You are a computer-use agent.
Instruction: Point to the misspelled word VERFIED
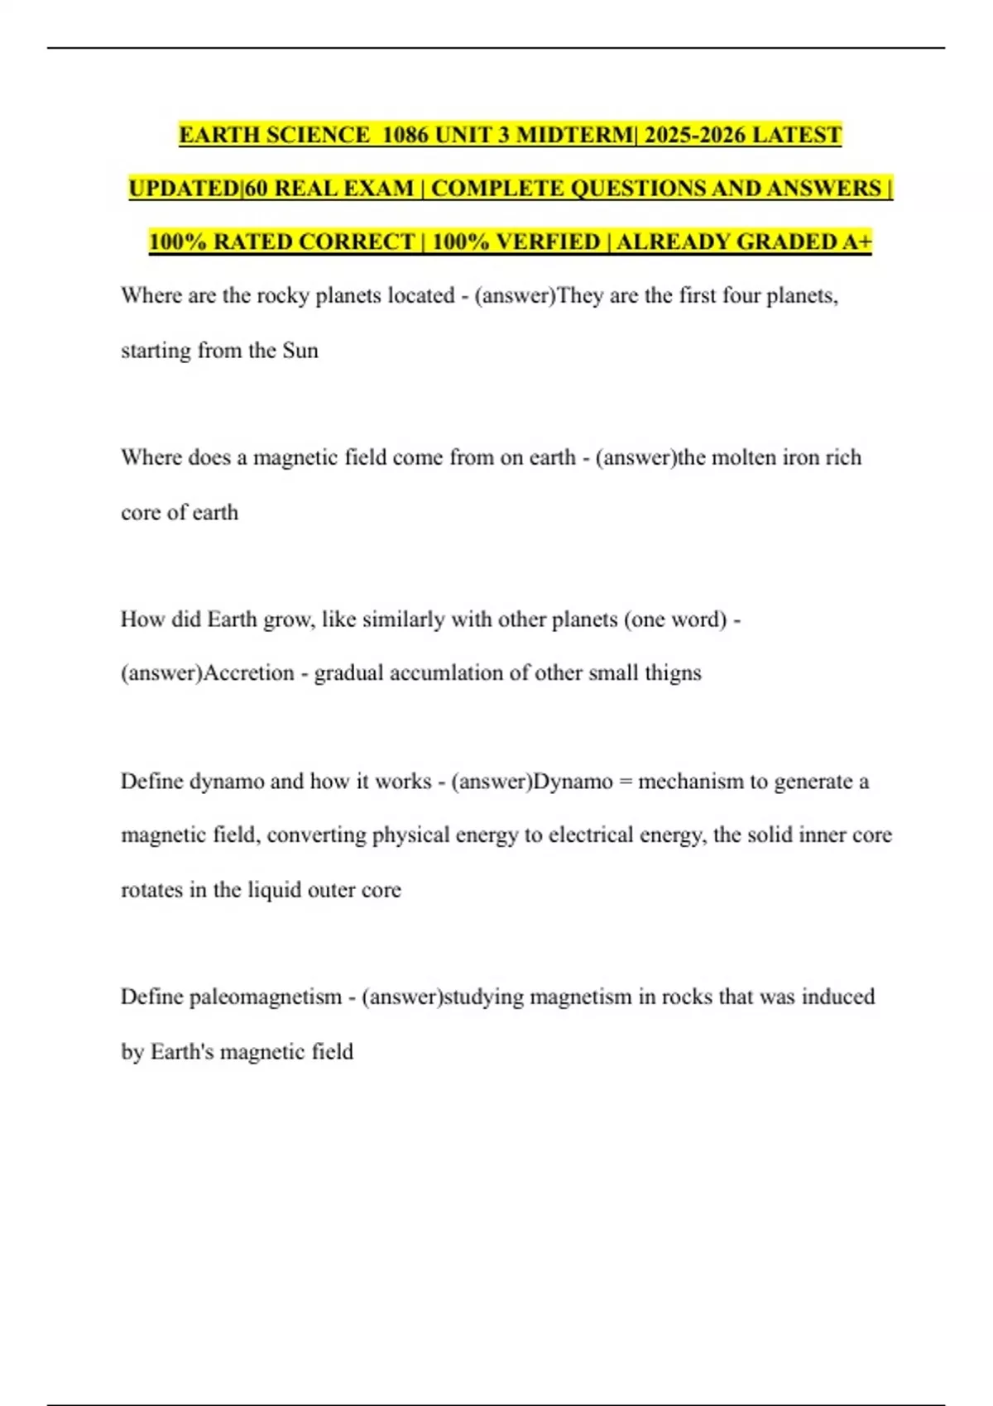point(549,242)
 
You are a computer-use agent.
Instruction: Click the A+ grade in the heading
point(856,242)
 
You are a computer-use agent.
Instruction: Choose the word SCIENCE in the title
point(319,135)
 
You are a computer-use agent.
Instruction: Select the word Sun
point(300,350)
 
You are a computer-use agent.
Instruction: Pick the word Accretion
point(249,672)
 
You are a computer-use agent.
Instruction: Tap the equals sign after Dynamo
point(626,782)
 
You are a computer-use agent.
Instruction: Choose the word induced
point(838,997)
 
